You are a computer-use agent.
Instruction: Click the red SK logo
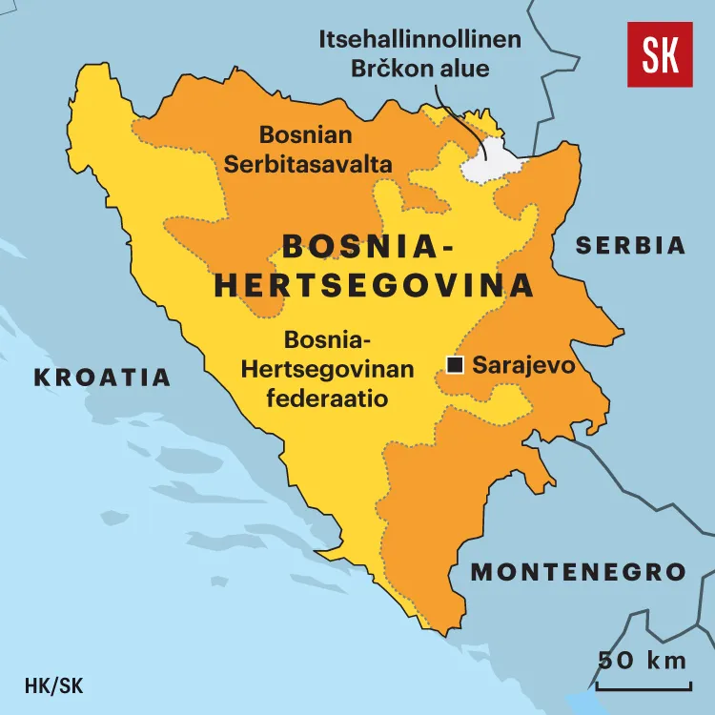point(660,54)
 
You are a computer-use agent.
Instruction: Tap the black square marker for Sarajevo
point(456,364)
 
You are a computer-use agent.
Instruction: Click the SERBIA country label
point(630,245)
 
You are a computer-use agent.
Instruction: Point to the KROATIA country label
point(103,378)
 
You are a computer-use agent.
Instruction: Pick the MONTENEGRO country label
point(578,572)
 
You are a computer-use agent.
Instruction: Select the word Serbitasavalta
point(308,164)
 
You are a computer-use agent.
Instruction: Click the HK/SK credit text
point(54,684)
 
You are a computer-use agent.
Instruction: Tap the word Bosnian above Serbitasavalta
point(306,135)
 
